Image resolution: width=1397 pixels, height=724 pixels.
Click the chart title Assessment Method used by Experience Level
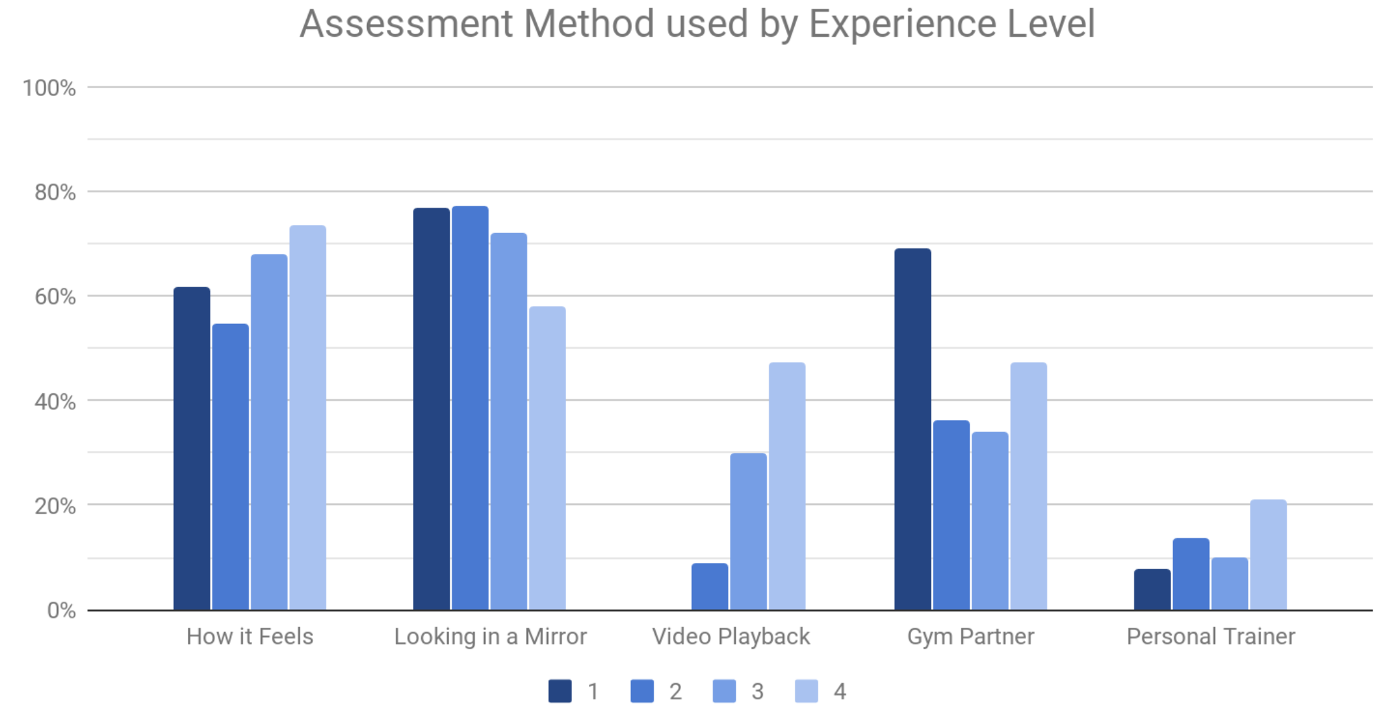point(697,24)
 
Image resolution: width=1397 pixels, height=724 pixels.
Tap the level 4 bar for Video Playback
point(787,486)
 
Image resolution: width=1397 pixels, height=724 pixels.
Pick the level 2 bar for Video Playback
point(709,586)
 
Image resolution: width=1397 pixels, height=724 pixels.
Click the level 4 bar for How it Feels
point(307,417)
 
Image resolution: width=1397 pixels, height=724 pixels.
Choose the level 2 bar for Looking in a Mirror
point(470,407)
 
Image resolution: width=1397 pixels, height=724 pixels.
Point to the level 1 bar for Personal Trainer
point(1152,589)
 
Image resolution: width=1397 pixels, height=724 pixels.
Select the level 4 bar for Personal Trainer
point(1268,554)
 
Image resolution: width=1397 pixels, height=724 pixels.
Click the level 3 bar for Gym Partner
point(990,521)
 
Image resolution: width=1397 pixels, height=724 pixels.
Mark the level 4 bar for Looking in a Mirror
point(547,458)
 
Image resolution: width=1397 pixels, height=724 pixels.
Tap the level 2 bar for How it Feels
point(230,467)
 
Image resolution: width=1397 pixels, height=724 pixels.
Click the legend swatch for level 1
point(560,691)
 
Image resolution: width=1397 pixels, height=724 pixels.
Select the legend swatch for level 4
point(806,691)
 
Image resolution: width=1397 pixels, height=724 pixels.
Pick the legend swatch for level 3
point(724,691)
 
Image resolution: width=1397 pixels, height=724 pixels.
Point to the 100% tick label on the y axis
point(49,88)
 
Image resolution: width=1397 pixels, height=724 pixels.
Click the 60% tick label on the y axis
point(55,297)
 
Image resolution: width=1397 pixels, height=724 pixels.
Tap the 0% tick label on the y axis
point(61,610)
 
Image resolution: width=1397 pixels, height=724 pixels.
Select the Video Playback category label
point(731,637)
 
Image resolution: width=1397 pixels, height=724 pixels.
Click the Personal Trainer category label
point(1211,637)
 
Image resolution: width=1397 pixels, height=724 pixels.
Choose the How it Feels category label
point(249,637)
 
